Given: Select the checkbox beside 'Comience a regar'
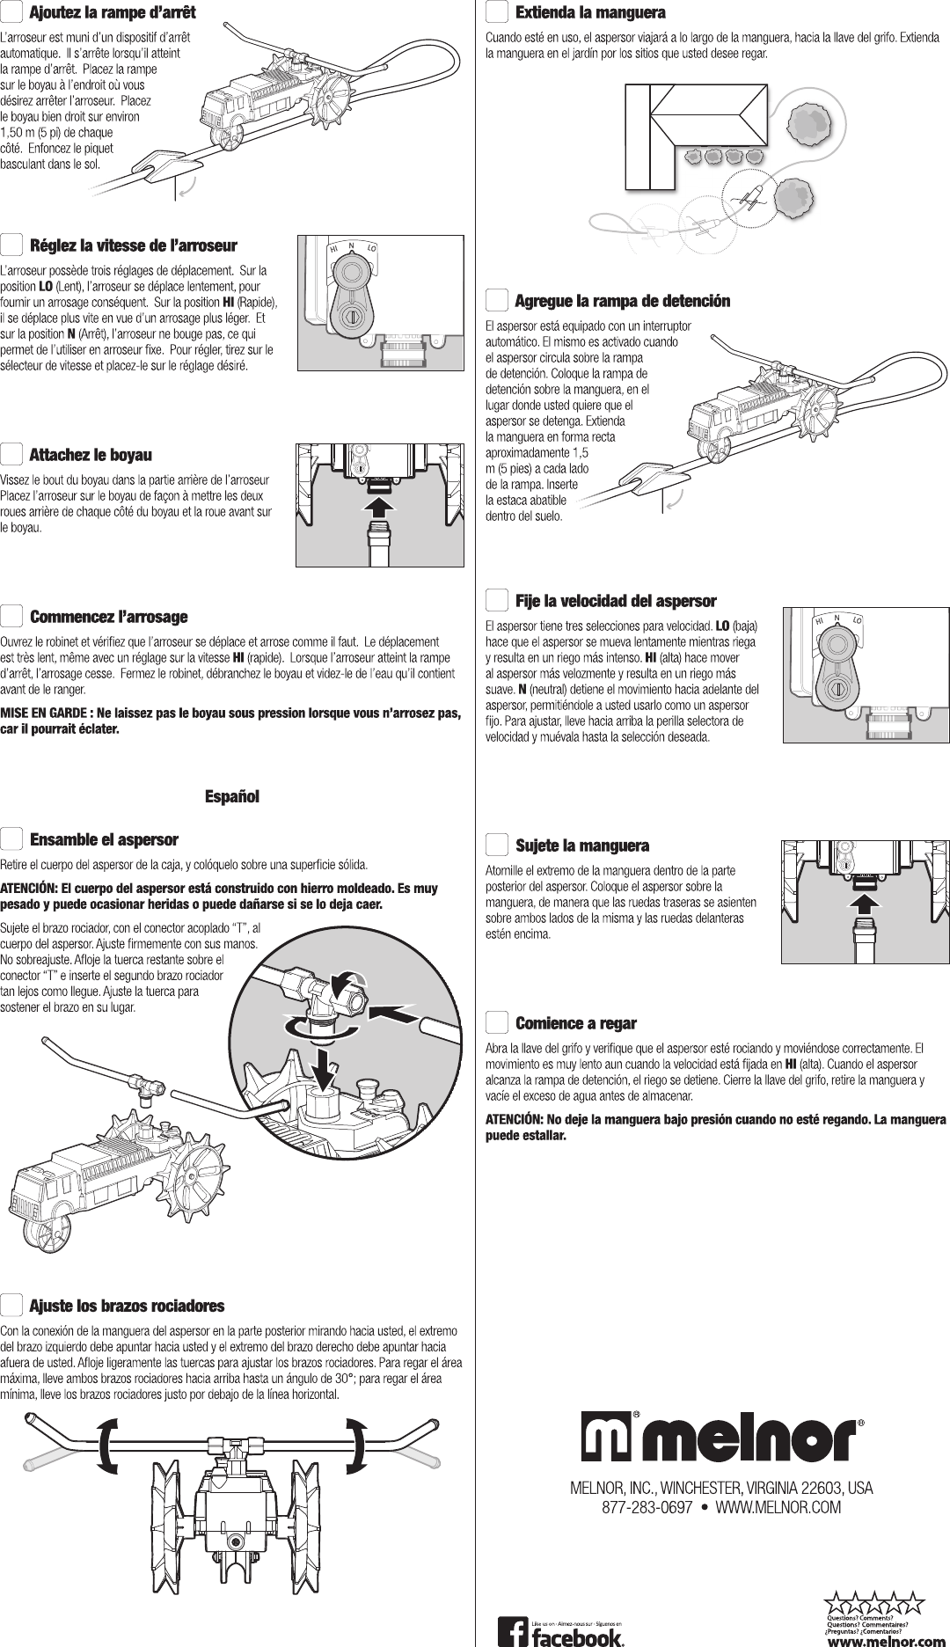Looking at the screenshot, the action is coord(497,1023).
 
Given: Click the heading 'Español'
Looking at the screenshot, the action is coord(232,797).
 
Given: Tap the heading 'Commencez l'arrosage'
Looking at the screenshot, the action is coord(109,616).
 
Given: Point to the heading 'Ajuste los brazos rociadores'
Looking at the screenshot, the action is coord(128,1305).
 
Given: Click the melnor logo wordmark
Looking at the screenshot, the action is coord(720,1437).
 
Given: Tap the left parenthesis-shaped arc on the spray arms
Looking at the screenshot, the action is coord(107,1444).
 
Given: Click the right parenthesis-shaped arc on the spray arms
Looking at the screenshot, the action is coord(359,1444).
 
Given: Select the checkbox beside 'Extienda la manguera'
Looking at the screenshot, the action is coord(497,13).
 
